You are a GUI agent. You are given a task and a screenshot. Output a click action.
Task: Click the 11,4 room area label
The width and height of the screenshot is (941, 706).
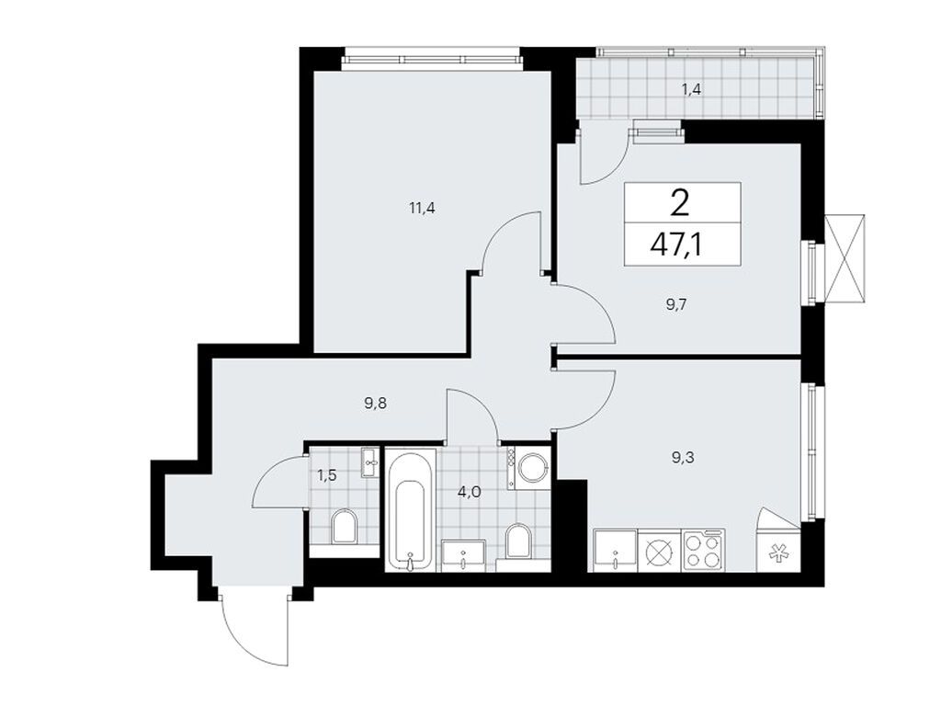click(x=422, y=208)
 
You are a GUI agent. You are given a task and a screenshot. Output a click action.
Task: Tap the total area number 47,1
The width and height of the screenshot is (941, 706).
click(x=682, y=245)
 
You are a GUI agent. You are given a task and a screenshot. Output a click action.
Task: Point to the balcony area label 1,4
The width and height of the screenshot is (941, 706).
click(x=691, y=90)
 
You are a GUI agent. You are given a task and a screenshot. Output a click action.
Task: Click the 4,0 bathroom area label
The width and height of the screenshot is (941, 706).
click(x=469, y=492)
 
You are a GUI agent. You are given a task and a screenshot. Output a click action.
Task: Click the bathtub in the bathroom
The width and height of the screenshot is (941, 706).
click(x=408, y=510)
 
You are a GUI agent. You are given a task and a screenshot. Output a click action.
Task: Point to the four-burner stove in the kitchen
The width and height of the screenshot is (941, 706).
click(x=703, y=552)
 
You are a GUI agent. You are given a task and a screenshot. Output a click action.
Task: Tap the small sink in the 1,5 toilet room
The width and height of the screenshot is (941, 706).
click(x=370, y=462)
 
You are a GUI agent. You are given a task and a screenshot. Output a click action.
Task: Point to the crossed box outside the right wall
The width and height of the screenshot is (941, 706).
click(x=845, y=256)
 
